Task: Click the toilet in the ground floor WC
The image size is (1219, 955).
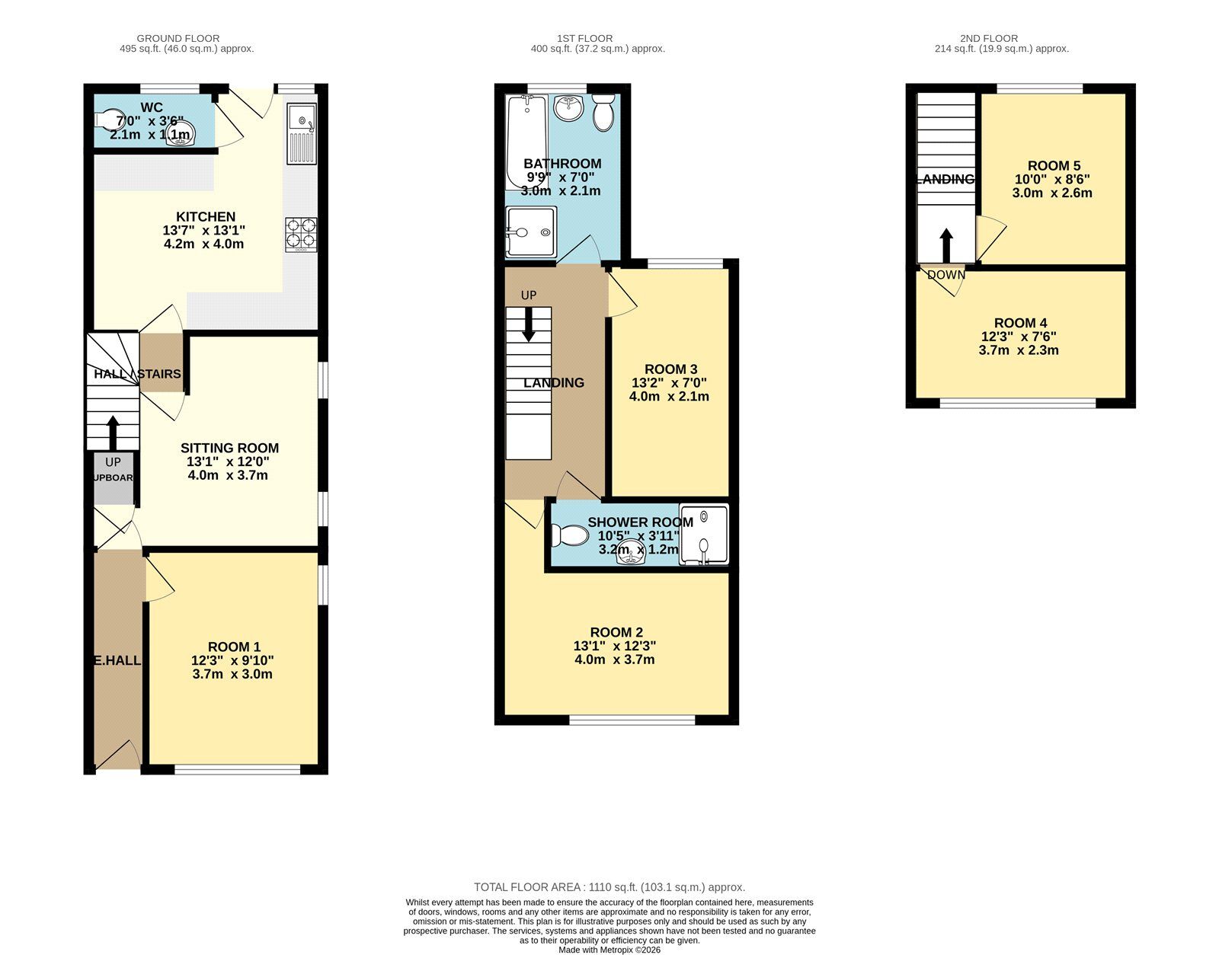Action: tap(110, 120)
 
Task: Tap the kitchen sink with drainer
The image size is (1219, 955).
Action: tap(302, 134)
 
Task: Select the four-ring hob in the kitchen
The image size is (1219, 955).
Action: tap(301, 235)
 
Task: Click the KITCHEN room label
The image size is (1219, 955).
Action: tap(206, 217)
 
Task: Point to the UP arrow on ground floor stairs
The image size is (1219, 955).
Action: tap(113, 432)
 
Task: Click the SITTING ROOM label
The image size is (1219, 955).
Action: tap(229, 448)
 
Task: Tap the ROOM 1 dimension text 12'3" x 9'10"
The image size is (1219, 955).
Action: tap(232, 661)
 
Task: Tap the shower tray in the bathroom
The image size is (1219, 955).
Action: tap(531, 232)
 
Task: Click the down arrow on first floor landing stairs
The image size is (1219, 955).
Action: tap(528, 325)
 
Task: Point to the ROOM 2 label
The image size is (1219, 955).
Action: tap(616, 632)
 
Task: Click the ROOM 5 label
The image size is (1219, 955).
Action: tap(1054, 166)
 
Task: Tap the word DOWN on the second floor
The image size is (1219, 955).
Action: tap(946, 275)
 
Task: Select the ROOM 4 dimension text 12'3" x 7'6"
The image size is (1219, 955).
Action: tap(1019, 337)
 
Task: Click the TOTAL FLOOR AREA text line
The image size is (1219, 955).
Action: tap(609, 887)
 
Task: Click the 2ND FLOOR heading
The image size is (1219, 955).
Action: tap(988, 38)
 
